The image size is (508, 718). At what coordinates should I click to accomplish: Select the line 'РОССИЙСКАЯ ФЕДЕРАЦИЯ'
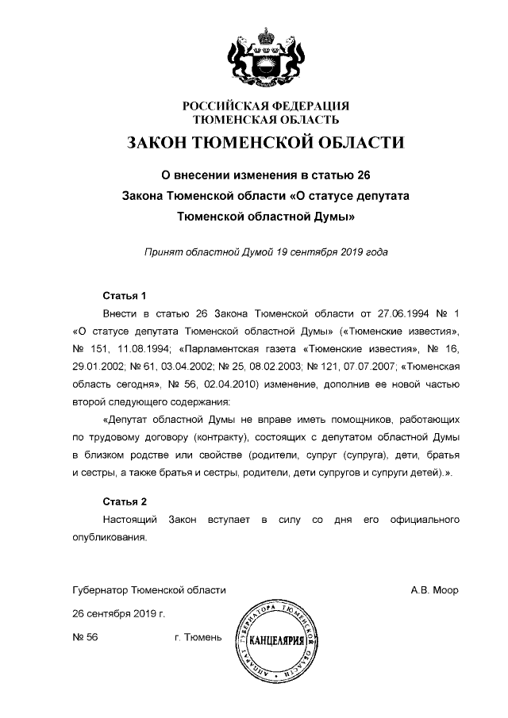[266, 106]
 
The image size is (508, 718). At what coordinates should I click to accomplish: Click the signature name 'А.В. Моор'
[434, 590]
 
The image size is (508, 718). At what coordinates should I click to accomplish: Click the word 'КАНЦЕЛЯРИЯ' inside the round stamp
[274, 639]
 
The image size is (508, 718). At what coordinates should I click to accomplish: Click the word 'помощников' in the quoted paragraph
[359, 418]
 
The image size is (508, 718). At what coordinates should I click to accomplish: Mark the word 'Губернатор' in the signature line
[99, 590]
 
